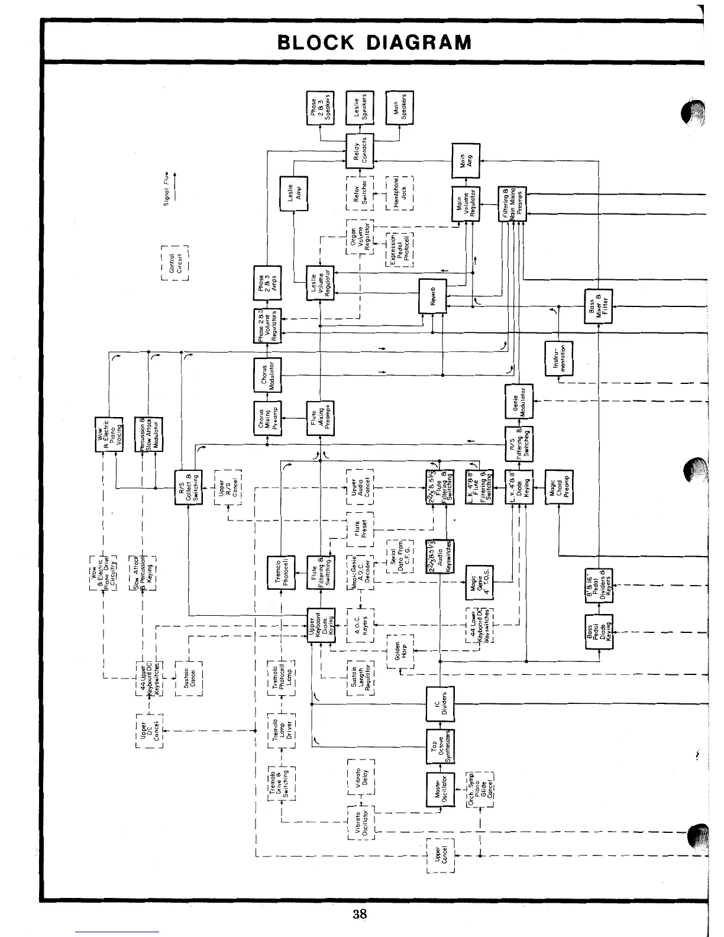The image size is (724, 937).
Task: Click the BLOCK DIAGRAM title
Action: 374,43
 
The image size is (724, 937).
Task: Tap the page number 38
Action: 359,914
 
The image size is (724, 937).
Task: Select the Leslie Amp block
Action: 294,193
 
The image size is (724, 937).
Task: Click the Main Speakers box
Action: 400,108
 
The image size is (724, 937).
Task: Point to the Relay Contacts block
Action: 360,151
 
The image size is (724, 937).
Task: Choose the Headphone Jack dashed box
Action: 400,193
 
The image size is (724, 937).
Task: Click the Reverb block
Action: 432,296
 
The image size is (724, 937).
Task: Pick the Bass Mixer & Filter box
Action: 599,305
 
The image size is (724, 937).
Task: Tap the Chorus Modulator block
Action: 267,375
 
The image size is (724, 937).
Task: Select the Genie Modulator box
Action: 519,402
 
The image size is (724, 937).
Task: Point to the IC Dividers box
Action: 440,704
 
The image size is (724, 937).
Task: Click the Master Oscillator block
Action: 440,790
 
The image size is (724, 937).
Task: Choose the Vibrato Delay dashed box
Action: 361,776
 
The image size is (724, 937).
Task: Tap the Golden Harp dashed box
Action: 400,651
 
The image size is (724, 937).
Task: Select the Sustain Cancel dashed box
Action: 189,679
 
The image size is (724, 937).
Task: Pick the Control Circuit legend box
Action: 174,263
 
